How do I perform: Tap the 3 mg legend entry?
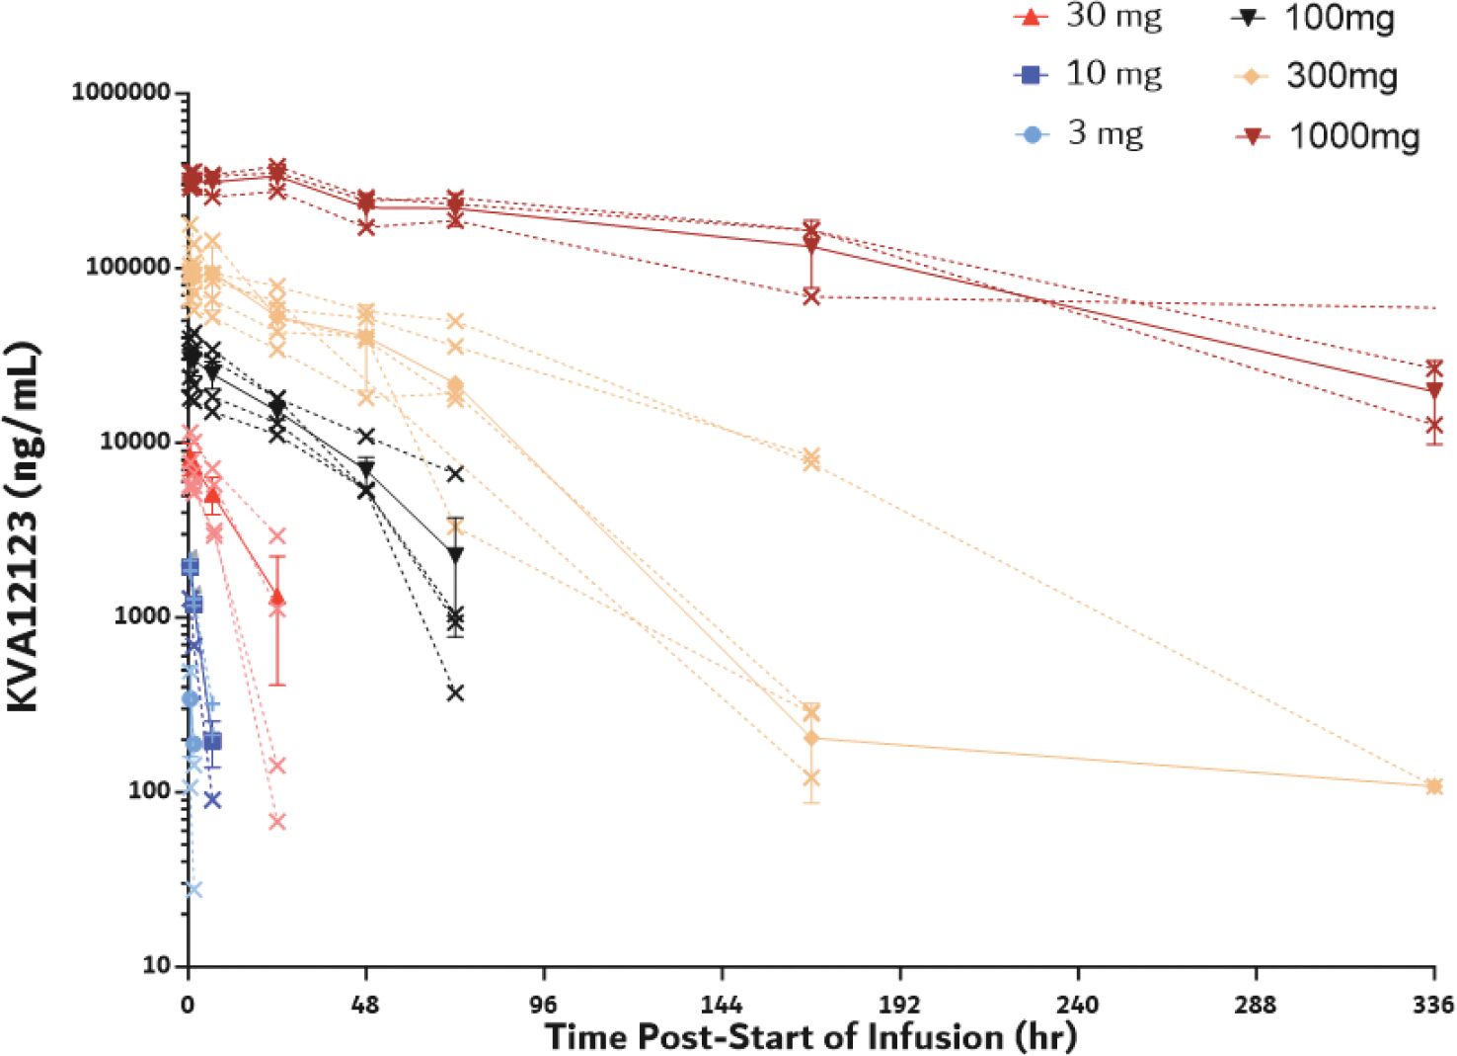tap(1081, 133)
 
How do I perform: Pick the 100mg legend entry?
tap(1313, 18)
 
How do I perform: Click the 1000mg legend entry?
tap(1328, 136)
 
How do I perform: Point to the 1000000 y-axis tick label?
tap(121, 92)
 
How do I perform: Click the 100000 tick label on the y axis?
tap(127, 267)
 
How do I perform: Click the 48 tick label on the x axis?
tap(365, 1005)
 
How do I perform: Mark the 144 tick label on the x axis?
tap(722, 1005)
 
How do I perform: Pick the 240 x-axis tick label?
tap(1077, 1005)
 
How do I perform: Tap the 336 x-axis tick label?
tap(1433, 1005)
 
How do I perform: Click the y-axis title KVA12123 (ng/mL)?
tap(24, 528)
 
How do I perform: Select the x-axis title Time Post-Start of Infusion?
tap(810, 1037)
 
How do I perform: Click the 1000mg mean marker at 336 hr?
tap(1434, 390)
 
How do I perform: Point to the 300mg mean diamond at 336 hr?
tap(1434, 786)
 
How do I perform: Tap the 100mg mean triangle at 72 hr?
tap(455, 555)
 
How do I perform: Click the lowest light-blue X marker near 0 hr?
tap(193, 889)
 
